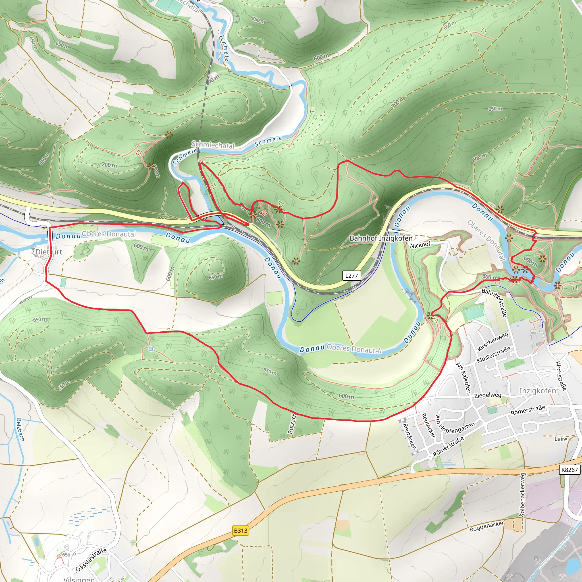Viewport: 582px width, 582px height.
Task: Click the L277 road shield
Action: (352, 275)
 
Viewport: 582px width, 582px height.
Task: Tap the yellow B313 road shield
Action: (240, 530)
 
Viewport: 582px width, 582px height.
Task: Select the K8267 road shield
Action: (569, 470)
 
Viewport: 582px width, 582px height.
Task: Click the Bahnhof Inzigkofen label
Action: (381, 238)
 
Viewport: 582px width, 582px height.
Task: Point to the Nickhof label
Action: (420, 245)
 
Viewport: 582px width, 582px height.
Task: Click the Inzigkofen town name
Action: (537, 391)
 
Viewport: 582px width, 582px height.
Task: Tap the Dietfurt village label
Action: (49, 252)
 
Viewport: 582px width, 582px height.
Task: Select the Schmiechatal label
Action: (213, 145)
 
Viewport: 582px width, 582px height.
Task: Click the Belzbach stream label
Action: (20, 430)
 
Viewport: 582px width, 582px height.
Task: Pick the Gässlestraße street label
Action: (91, 560)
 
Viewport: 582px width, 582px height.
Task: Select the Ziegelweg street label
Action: (488, 395)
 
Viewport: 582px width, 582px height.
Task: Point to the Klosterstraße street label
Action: (493, 354)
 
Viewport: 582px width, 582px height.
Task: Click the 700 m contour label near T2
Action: (109, 165)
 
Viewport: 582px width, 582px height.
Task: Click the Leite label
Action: (561, 439)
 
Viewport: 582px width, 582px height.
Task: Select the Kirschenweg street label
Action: (493, 341)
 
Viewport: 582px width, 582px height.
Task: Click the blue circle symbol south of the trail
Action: (151, 349)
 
